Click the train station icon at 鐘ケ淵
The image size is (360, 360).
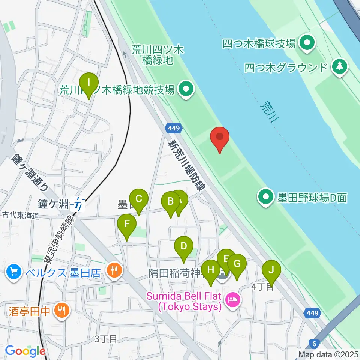[79, 205]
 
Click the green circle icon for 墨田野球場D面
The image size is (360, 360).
[266, 196]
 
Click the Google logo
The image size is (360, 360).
[25, 351]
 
